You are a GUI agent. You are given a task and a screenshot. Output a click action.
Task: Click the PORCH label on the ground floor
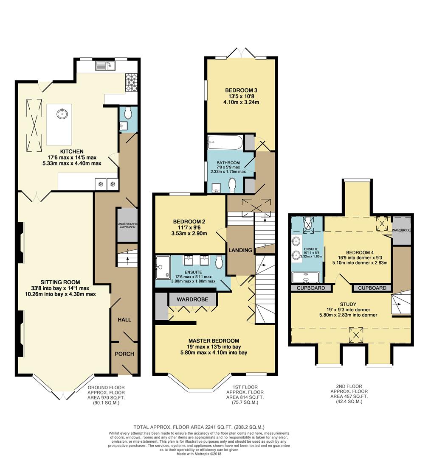click(124, 354)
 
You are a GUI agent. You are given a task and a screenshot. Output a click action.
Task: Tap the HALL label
click(124, 320)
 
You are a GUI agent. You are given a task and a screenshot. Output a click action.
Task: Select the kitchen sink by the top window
click(105, 66)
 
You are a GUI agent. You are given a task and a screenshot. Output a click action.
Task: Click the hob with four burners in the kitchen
click(131, 82)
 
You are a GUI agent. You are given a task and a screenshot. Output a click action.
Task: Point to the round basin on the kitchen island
click(62, 113)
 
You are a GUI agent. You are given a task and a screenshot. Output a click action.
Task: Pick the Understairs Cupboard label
click(127, 225)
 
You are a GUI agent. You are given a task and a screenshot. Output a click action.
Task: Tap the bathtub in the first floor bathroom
click(225, 142)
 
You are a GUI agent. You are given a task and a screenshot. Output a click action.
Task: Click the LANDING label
click(240, 250)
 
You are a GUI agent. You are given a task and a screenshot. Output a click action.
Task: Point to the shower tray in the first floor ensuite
click(163, 267)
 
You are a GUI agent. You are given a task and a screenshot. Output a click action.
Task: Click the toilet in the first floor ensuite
click(219, 262)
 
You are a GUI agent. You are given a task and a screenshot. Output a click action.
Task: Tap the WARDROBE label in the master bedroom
click(192, 299)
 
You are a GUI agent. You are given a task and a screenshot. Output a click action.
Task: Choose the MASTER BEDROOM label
click(214, 341)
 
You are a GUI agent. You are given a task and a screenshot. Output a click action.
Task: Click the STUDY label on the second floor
click(348, 304)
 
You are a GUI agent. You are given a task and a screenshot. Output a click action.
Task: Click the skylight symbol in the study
click(356, 335)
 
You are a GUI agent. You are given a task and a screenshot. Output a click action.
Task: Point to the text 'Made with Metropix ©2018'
click(199, 454)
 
